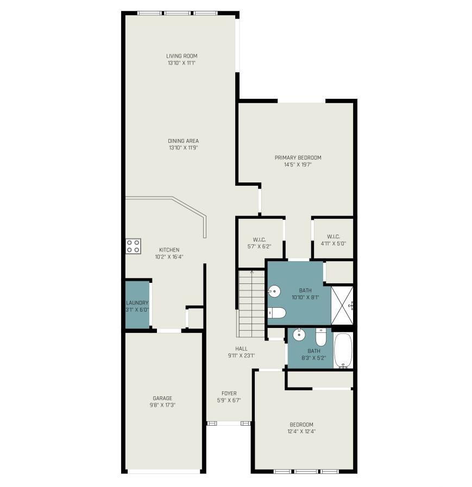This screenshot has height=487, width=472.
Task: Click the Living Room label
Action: click(x=182, y=56)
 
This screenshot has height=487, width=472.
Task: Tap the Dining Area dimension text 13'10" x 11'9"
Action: click(x=184, y=148)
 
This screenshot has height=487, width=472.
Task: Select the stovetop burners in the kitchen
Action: click(x=133, y=246)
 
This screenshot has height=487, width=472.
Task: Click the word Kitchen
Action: click(x=169, y=250)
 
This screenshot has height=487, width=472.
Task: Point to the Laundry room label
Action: click(x=137, y=303)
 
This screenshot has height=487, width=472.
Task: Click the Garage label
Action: click(x=162, y=398)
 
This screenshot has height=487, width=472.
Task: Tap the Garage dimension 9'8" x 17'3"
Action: click(x=162, y=405)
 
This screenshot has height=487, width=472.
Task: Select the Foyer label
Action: click(x=229, y=394)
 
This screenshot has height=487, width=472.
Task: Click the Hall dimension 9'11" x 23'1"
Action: click(x=242, y=356)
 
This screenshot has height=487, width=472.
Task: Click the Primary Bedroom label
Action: click(x=298, y=158)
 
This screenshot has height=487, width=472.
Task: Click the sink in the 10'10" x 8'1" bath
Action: click(x=274, y=292)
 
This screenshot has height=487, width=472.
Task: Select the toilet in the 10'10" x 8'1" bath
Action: click(x=276, y=313)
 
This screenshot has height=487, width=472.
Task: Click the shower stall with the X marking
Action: click(x=342, y=306)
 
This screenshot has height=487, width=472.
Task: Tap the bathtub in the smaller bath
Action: click(x=343, y=350)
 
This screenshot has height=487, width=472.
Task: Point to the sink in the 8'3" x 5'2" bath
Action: click(x=299, y=334)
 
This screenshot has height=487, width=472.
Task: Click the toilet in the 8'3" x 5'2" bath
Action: click(x=320, y=337)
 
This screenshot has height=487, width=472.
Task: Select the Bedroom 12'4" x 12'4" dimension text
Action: click(x=301, y=432)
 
